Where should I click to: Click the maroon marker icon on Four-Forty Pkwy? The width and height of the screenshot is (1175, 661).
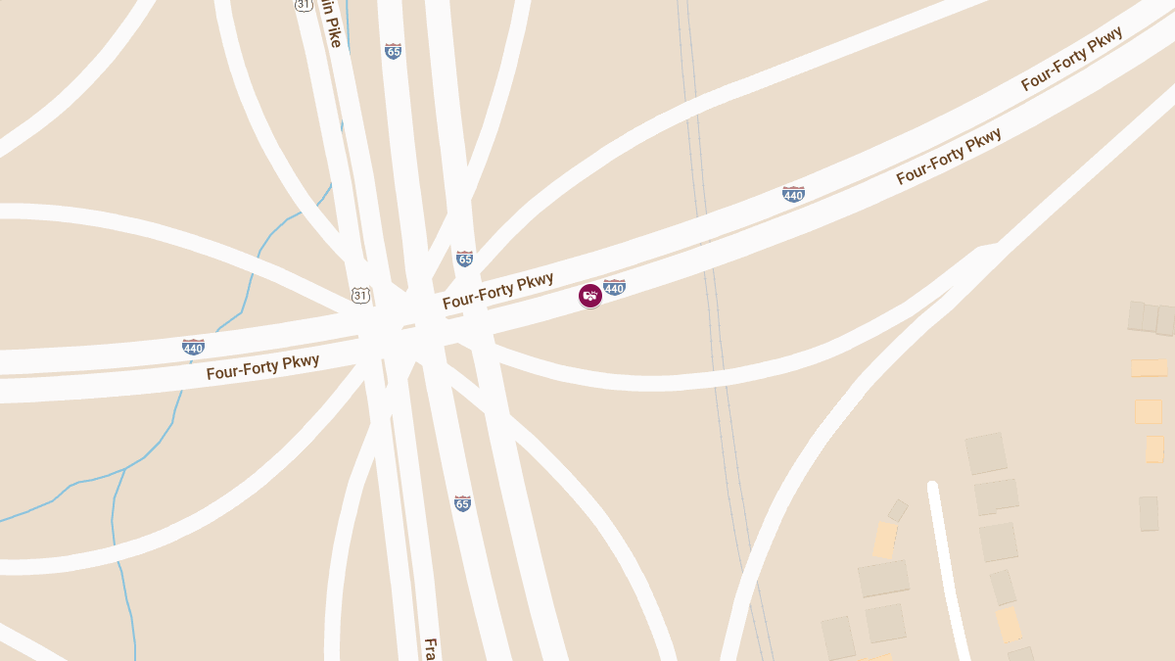(x=589, y=295)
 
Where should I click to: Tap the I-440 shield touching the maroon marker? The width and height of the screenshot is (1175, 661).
(x=614, y=287)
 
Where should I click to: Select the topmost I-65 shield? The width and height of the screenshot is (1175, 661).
(x=393, y=51)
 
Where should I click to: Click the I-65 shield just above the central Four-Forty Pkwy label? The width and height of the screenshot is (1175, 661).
(x=464, y=259)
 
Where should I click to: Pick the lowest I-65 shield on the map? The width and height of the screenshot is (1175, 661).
(x=462, y=503)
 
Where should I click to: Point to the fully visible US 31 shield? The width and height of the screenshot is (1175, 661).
(x=361, y=295)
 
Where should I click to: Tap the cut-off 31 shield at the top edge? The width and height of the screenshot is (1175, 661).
(x=304, y=5)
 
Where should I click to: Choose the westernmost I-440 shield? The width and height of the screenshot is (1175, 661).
(x=193, y=347)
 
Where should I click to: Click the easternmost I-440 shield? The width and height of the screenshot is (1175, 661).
(x=793, y=194)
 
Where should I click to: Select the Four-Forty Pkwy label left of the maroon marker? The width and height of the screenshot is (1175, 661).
(x=497, y=291)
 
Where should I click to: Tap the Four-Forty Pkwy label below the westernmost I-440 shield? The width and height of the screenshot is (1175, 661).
(x=262, y=367)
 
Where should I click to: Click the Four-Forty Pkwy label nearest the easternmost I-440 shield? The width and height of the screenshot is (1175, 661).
(x=949, y=156)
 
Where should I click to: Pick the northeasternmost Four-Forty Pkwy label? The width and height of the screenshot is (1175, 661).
(x=1071, y=59)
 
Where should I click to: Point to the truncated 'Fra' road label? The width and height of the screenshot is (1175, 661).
(x=430, y=649)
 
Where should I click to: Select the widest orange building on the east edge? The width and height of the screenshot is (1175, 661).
(x=1149, y=368)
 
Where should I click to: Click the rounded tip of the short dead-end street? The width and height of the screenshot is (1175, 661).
(x=933, y=487)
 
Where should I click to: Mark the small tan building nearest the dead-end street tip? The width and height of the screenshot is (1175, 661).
(x=898, y=510)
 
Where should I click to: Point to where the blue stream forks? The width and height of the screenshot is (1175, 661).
(x=124, y=469)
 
